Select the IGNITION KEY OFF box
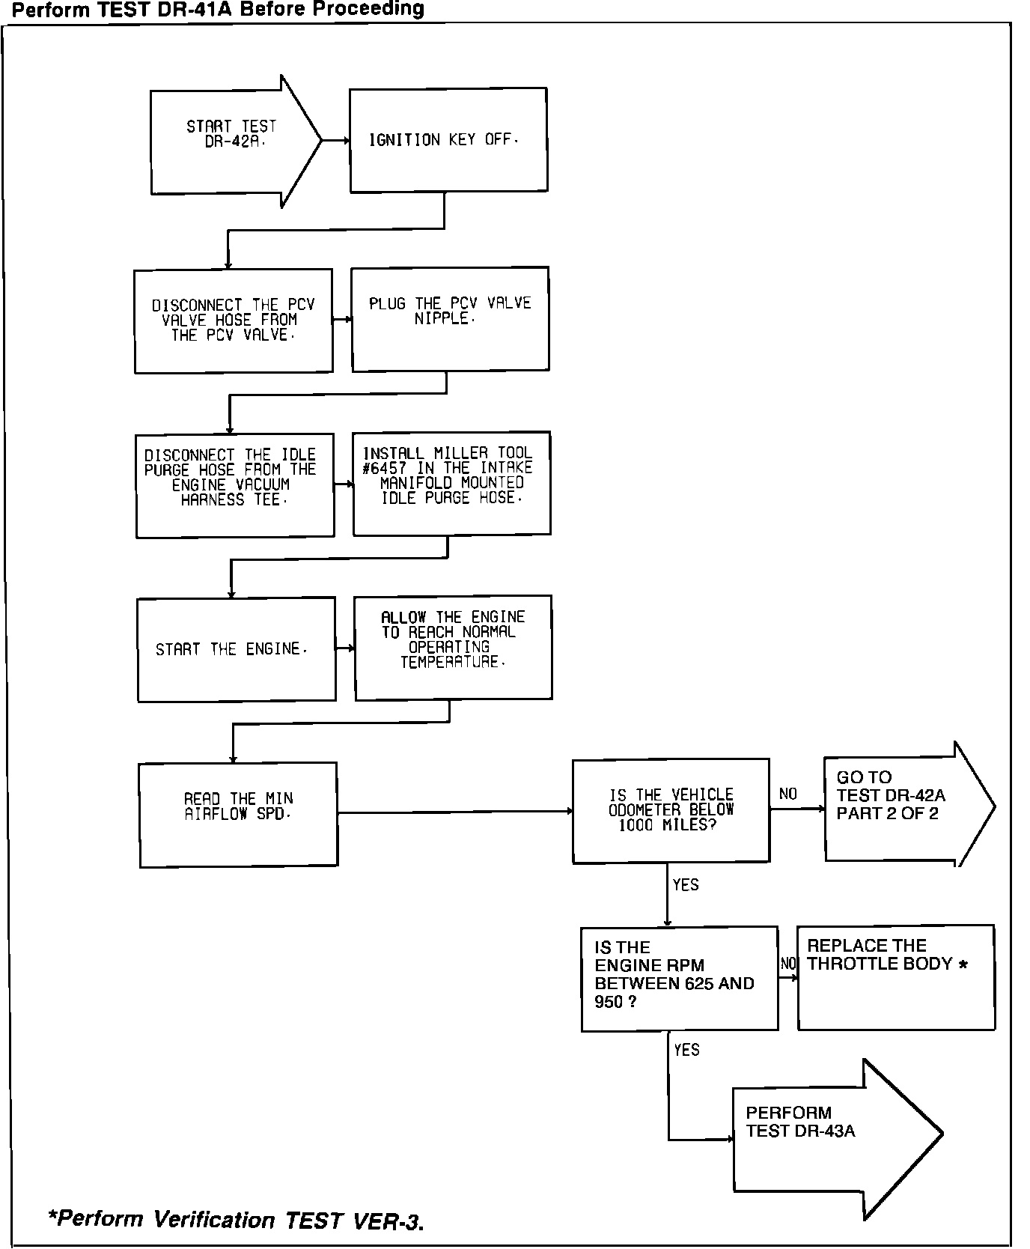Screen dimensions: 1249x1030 (x=448, y=140)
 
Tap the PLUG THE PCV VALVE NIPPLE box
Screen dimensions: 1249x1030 (x=450, y=318)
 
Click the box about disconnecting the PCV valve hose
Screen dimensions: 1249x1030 (x=233, y=320)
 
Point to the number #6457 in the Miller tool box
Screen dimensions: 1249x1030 (x=384, y=468)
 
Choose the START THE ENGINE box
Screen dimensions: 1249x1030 (x=236, y=649)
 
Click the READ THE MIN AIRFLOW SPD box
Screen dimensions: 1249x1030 (x=238, y=814)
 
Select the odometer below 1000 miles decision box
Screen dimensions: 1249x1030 (x=670, y=810)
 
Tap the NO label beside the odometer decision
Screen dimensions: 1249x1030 (x=787, y=794)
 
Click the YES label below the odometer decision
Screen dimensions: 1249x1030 (x=685, y=885)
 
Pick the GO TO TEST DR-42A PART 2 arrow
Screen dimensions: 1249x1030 (x=898, y=805)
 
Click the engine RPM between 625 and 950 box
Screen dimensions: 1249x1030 (x=679, y=978)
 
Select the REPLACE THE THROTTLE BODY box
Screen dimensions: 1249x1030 (x=895, y=976)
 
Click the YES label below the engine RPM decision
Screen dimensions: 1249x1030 (x=686, y=1050)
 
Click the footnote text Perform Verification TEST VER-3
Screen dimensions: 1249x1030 (x=236, y=1219)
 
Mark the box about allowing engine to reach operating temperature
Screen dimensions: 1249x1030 (x=453, y=647)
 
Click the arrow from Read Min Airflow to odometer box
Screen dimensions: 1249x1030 (x=454, y=811)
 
